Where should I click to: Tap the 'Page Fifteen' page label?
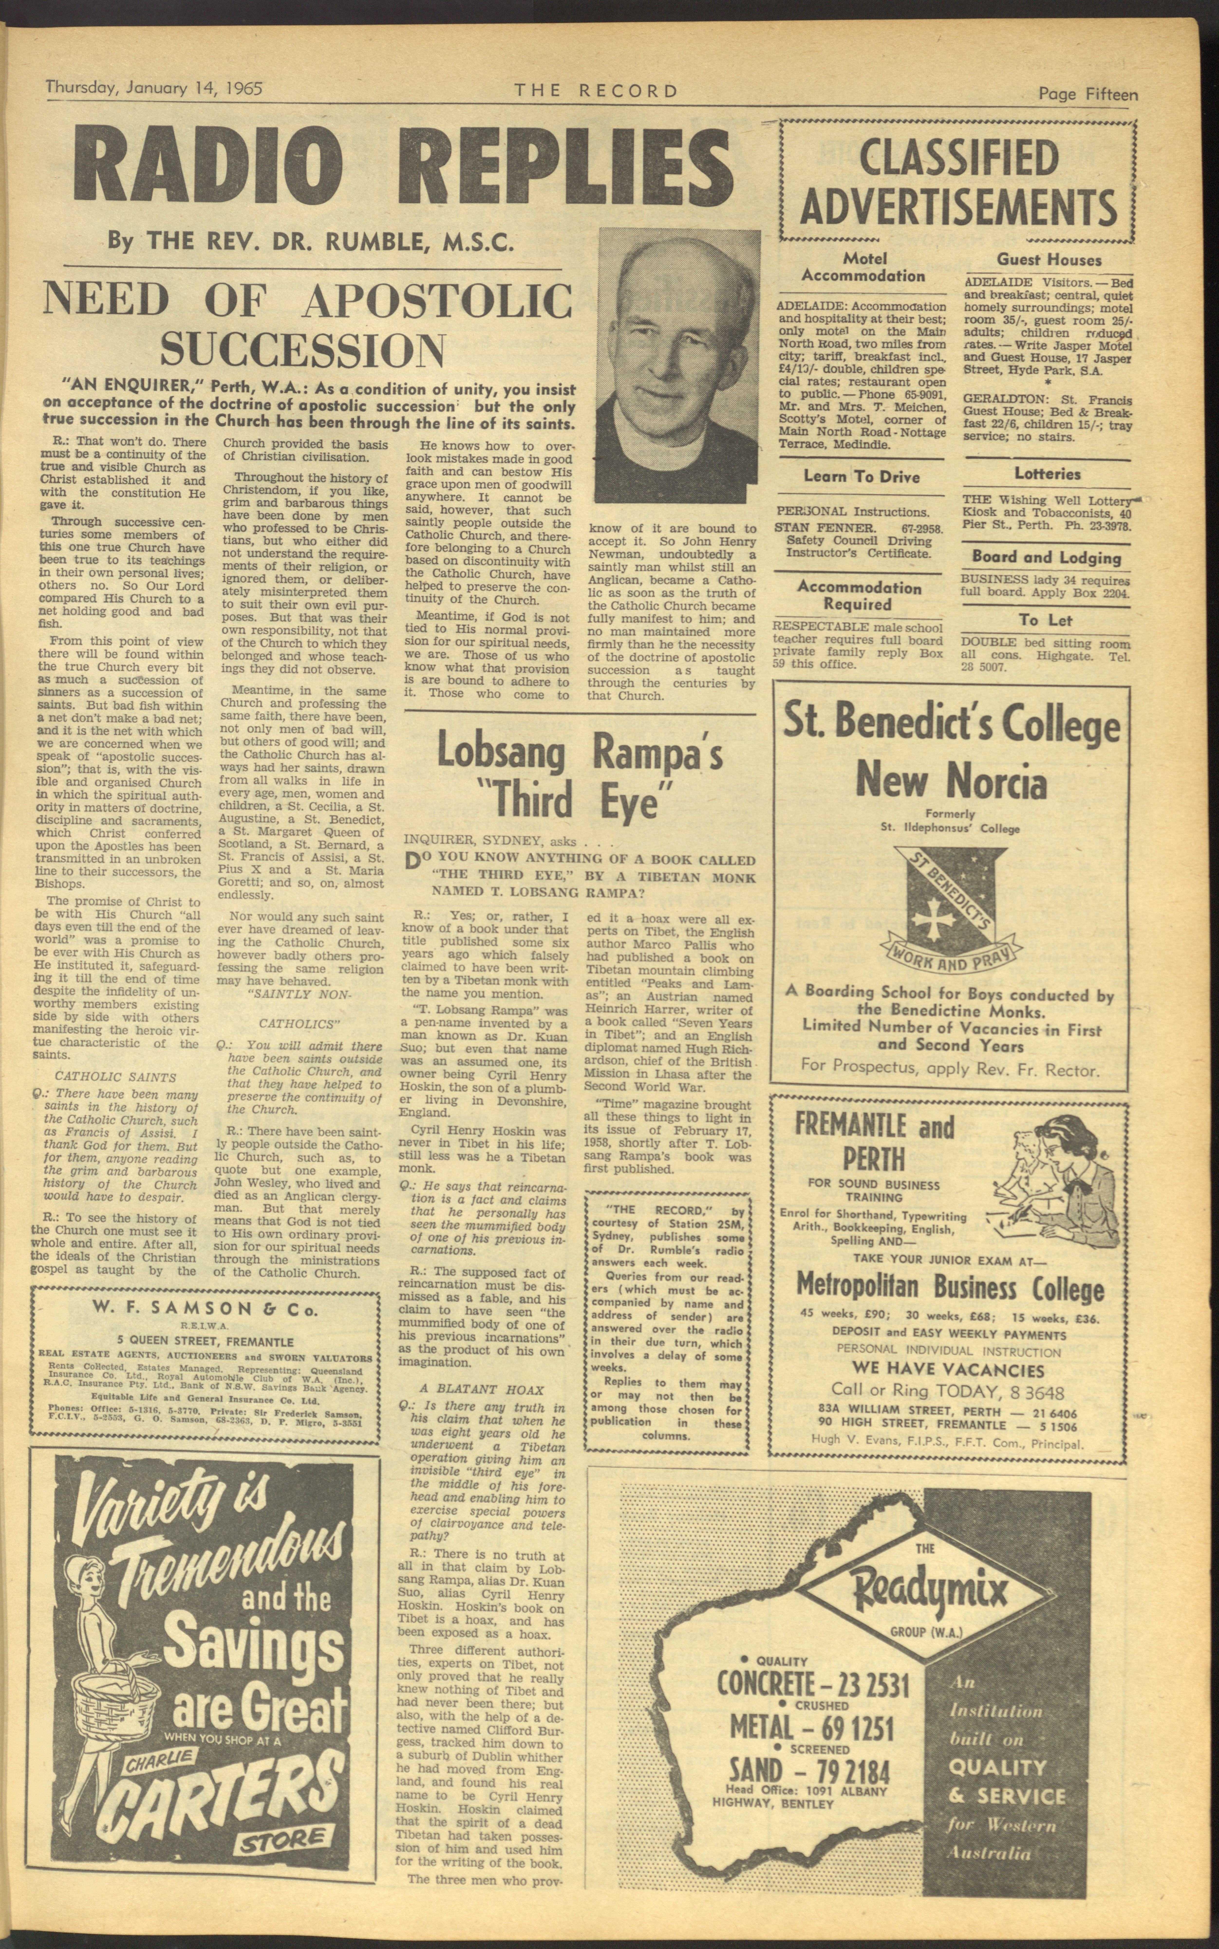coord(1088,94)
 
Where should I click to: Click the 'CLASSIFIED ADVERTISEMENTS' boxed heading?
coord(958,181)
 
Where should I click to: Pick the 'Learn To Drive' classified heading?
coord(861,476)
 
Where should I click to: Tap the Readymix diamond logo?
coord(927,1590)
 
